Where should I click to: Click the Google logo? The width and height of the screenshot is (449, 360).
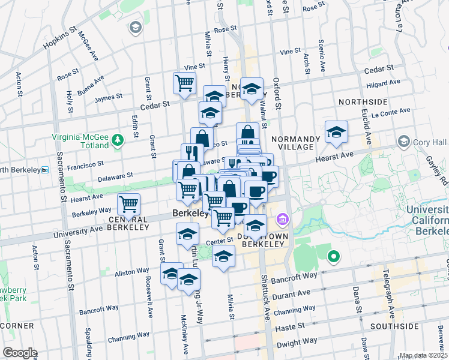(19, 353)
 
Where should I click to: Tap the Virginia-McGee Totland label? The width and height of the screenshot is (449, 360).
(80, 140)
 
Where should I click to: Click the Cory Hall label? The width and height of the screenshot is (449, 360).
(430, 142)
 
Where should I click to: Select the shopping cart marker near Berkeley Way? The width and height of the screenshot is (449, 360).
(129, 205)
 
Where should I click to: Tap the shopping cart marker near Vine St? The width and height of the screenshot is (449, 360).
(184, 83)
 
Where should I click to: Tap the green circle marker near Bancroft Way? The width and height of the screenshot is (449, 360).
(333, 259)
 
